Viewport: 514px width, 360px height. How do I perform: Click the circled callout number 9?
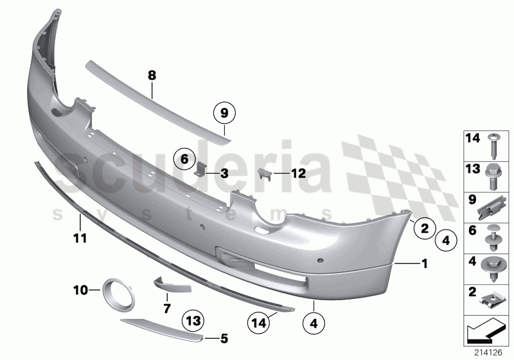point(226,114)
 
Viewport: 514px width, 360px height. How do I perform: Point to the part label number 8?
point(152,76)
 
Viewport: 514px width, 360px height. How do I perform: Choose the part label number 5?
point(224,336)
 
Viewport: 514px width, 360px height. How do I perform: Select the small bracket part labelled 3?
point(200,170)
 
